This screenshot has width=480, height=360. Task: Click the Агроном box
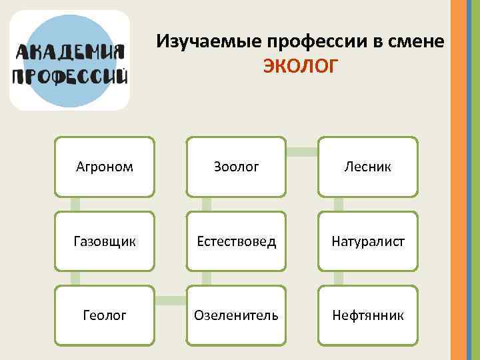click(105, 167)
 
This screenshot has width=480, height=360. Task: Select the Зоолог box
click(237, 167)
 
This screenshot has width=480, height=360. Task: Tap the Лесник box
click(368, 167)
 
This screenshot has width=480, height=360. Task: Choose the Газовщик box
click(105, 241)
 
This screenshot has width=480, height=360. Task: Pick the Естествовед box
click(237, 241)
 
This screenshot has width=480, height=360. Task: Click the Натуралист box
click(368, 241)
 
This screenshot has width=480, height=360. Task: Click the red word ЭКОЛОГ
click(301, 67)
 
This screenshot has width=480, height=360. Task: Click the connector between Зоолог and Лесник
click(302, 151)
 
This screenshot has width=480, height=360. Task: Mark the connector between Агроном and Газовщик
click(75, 204)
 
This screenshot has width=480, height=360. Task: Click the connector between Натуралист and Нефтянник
click(339, 278)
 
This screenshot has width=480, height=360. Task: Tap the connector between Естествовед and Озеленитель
click(207, 278)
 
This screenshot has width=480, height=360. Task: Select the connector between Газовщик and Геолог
click(75, 278)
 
